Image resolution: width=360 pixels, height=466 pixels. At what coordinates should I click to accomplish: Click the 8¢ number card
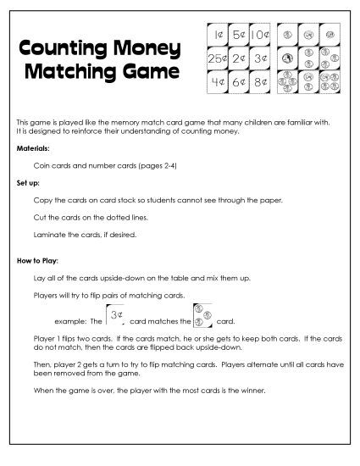coord(260,82)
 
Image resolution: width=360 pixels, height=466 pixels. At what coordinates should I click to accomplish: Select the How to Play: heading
coord(37,259)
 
